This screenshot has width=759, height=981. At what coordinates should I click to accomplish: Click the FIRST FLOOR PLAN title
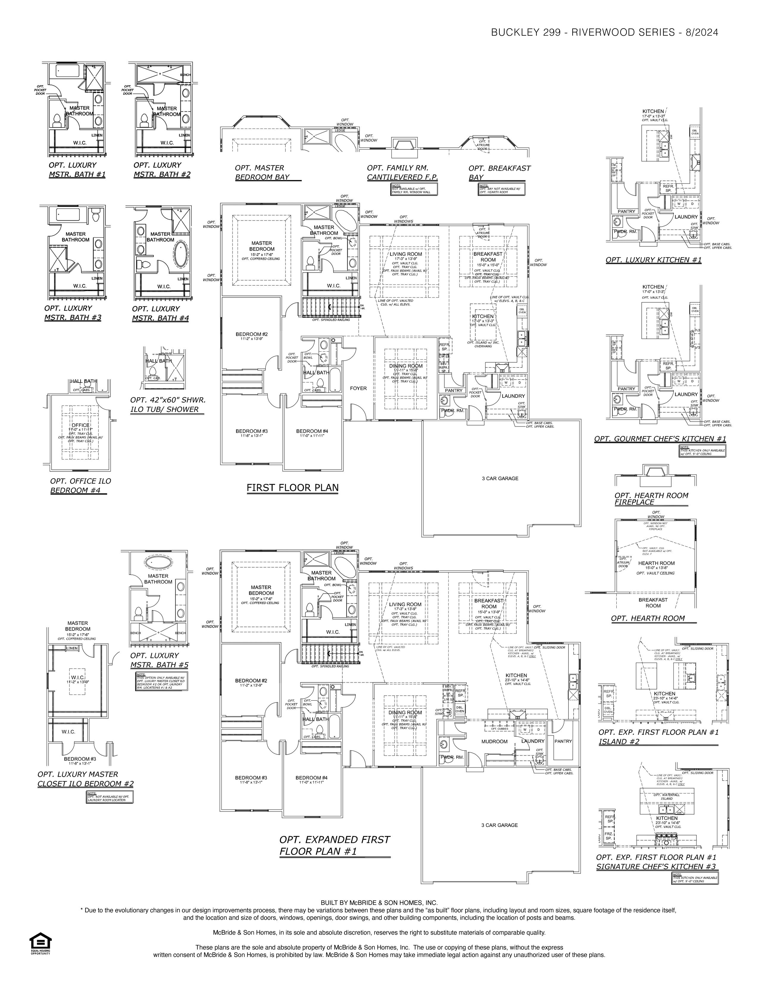click(292, 488)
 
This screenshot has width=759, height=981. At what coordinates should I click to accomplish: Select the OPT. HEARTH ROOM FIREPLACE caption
click(651, 499)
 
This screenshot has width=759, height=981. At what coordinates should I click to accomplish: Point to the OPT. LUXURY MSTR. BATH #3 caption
click(72, 313)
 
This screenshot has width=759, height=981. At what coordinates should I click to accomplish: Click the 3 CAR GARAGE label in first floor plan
click(500, 478)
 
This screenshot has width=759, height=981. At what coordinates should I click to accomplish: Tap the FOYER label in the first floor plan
click(358, 388)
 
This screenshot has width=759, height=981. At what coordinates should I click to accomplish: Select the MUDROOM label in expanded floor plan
click(494, 742)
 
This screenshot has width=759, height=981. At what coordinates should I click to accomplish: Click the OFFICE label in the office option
click(80, 425)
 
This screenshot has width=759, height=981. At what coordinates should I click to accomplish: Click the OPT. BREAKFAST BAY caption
click(499, 172)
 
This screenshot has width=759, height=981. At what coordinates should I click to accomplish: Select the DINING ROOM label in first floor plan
click(406, 366)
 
